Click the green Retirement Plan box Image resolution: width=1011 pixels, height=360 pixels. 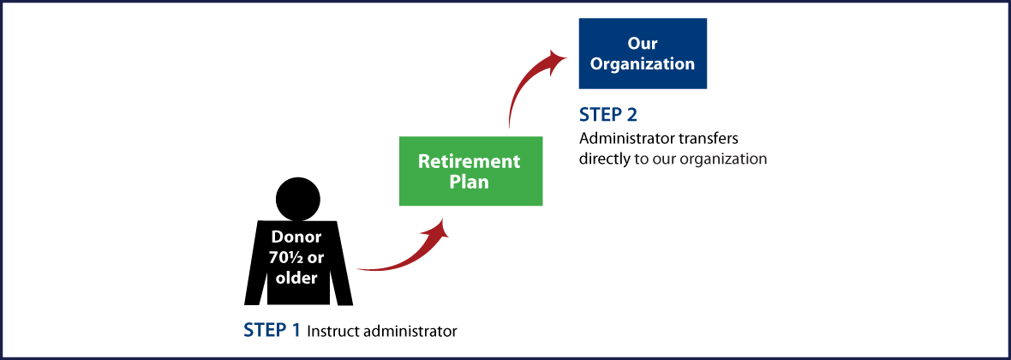[x=470, y=171]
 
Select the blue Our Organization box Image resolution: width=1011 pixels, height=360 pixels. [x=643, y=53]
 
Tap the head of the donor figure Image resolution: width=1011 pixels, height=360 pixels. [x=296, y=198]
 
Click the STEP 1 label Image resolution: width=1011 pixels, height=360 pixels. [x=272, y=329]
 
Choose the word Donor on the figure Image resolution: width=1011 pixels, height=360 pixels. [x=296, y=237]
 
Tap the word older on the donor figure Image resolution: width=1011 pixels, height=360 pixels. [x=296, y=278]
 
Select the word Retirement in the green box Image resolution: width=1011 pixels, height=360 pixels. [x=469, y=161]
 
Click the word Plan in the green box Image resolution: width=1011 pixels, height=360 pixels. [x=469, y=182]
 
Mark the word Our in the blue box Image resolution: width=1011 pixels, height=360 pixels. [x=643, y=43]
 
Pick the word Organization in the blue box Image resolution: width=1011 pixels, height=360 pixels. [x=643, y=63]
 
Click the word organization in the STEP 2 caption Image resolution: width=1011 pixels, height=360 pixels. [x=725, y=159]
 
